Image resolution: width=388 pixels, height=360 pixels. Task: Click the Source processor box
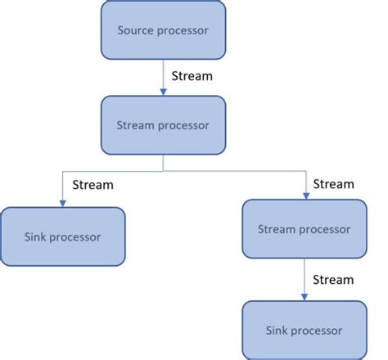coord(163,29)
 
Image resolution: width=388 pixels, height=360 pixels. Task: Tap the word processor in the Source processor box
coord(184,31)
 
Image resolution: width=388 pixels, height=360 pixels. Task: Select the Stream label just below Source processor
coord(192,76)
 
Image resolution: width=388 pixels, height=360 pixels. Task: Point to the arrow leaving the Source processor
coord(163,78)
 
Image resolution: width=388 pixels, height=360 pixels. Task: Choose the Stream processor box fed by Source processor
coord(163,125)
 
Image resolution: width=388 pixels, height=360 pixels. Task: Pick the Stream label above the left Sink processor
coord(92,185)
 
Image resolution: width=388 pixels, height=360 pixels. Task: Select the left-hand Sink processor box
coord(63,236)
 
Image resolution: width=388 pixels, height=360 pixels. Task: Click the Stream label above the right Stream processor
coord(333,184)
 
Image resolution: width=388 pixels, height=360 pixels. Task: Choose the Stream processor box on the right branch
coord(304,229)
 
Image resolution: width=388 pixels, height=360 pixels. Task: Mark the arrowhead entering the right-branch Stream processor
coord(305,195)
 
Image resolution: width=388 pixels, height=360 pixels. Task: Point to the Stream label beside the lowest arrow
coord(333,280)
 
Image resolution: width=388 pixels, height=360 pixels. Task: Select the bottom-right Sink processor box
coord(304,330)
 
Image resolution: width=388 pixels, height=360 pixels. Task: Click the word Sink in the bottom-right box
coord(277,331)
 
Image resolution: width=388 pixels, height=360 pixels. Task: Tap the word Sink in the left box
coord(35,237)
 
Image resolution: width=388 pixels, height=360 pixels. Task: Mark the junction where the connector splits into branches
coord(163,172)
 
